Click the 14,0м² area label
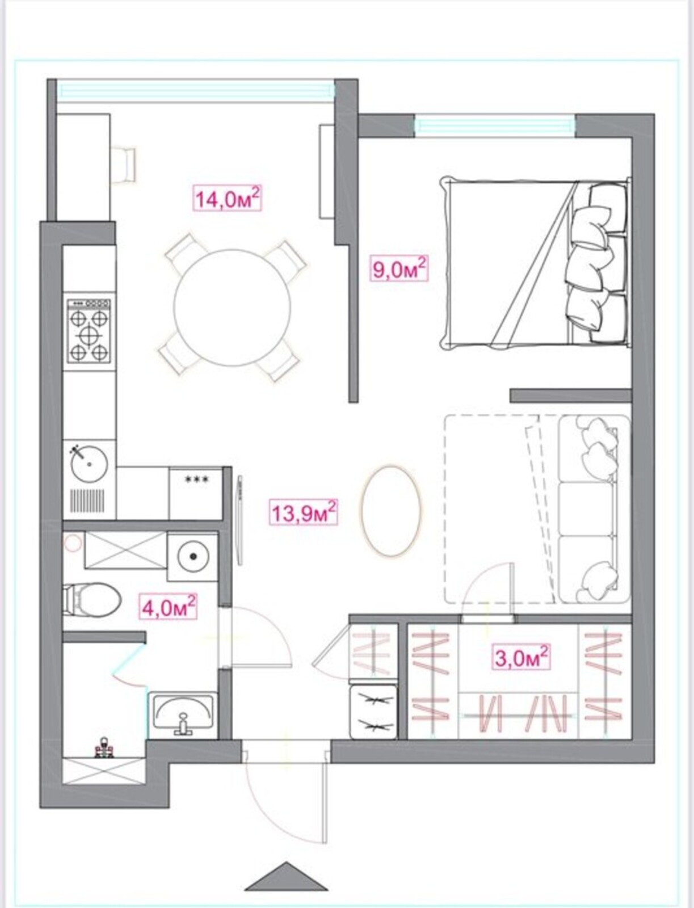pos(228,199)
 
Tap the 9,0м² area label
pos(399,269)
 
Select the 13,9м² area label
pos(304,512)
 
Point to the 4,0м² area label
pos(168,607)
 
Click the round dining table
pos(232,308)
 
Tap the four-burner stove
pos(89,331)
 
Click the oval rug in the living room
pos(391,510)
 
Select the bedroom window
pos(495,126)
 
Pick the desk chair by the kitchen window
pos(123,165)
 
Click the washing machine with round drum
pos(193,557)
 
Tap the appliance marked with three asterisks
pos(196,493)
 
